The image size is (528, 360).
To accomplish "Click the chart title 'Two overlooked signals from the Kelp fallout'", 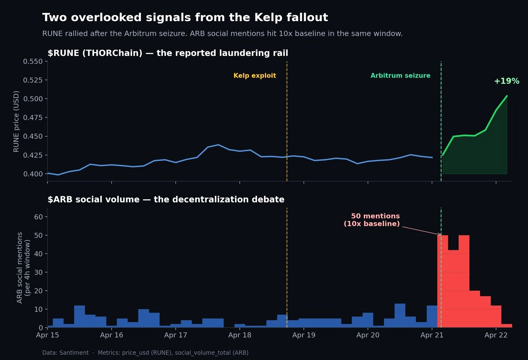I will point(185,18).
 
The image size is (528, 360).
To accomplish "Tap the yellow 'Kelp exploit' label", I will point(255,76).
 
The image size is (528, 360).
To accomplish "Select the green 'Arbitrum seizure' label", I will point(400,76).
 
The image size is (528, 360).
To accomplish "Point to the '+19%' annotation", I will point(506,81).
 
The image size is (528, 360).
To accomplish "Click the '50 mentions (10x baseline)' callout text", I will point(372,220).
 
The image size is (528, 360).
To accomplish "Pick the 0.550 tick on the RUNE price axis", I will point(33,62).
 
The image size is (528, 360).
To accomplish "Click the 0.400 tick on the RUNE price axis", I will point(33,174).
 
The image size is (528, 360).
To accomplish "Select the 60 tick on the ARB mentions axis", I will point(38,217).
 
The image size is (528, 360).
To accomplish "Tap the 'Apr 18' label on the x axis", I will point(240,335).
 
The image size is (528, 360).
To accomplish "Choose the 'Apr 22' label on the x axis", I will point(496,335).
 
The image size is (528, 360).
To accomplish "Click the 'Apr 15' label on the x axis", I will point(48,335).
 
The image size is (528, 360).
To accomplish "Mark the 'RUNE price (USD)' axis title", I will point(17,121).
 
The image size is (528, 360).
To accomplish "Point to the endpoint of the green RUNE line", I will point(507,96).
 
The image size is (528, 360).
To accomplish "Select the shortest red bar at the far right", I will point(506,326).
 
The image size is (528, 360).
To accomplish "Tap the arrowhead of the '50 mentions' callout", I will point(440,235).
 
